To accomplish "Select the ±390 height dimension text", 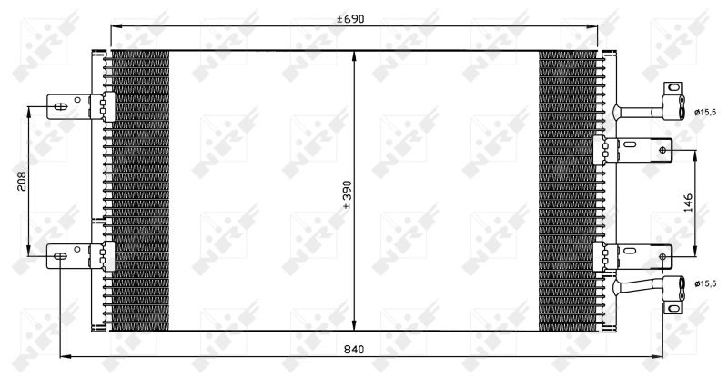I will (346, 194).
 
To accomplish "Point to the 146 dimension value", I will (689, 201).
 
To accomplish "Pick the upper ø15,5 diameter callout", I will (705, 112).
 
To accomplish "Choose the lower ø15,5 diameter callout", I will (705, 284).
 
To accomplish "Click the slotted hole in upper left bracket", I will (60, 107).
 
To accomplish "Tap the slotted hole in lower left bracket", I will (60, 257).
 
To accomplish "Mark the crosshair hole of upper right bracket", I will (662, 149).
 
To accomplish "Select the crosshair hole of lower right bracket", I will (662, 256).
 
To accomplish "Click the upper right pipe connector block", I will (673, 100).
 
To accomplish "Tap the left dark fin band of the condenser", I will (139, 191).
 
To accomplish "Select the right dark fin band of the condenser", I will (568, 191).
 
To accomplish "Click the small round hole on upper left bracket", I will (80, 99).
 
